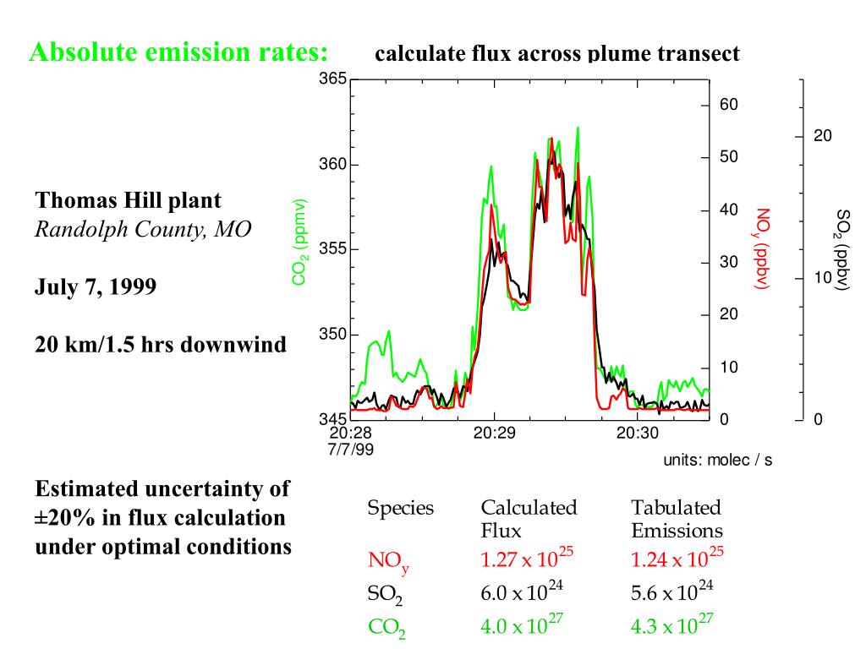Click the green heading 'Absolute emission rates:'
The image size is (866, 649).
tap(178, 52)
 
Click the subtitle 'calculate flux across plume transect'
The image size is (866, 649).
tap(557, 54)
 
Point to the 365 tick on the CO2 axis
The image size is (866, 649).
tap(332, 79)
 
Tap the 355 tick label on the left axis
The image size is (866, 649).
tap(332, 249)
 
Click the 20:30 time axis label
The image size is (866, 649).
tap(636, 433)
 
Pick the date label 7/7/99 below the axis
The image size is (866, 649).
tap(351, 448)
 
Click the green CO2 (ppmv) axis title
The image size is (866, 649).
tap(299, 243)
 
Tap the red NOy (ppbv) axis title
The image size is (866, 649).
tap(763, 249)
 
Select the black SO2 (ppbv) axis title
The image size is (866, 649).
tap(842, 251)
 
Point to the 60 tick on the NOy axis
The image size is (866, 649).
tap(729, 105)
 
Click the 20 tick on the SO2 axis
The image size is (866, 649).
tap(823, 136)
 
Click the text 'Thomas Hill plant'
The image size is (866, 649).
tap(128, 201)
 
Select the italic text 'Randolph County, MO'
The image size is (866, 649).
tap(143, 229)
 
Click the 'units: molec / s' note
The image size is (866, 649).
tap(717, 460)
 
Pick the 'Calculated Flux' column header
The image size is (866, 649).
tap(529, 518)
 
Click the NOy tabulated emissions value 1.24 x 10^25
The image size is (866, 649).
tap(678, 559)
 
